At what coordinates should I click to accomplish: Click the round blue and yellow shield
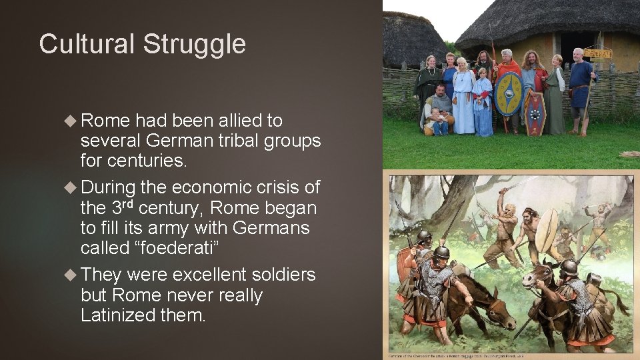coord(509,93)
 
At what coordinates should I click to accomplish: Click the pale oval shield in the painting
coord(546,230)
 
